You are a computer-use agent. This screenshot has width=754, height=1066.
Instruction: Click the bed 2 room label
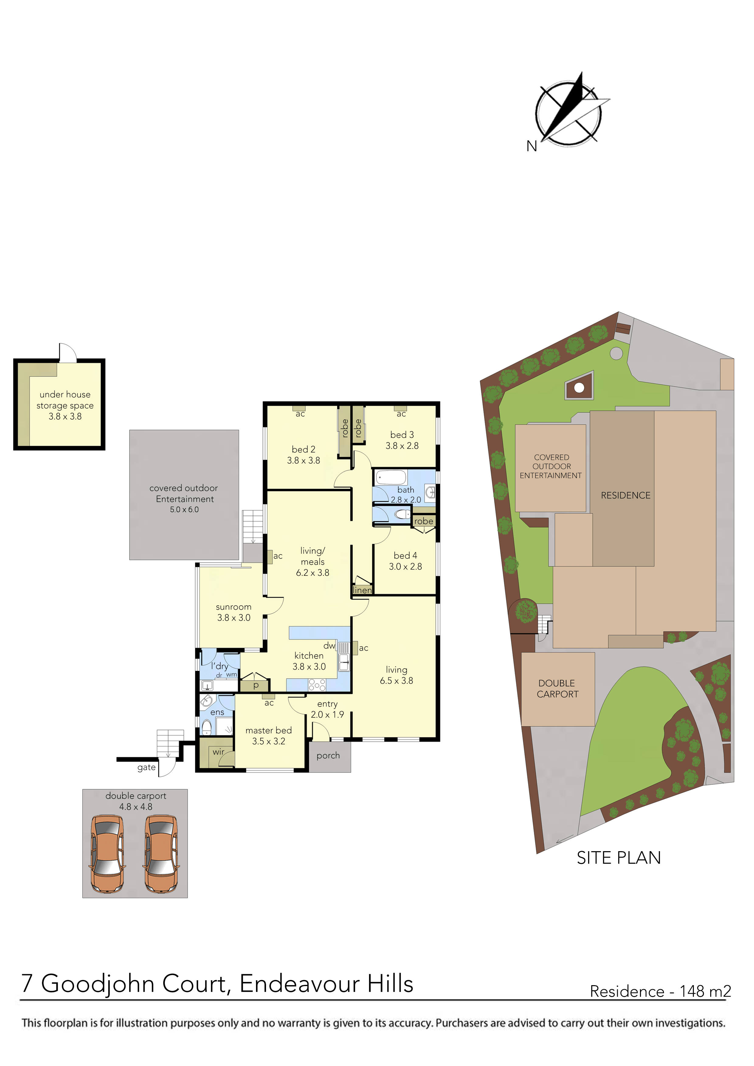303,449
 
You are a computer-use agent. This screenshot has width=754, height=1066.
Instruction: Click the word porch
328,755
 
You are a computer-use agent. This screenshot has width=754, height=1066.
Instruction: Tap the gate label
146,768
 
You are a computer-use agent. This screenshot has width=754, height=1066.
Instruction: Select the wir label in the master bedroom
218,752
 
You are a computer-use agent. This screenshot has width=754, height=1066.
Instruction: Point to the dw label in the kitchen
329,646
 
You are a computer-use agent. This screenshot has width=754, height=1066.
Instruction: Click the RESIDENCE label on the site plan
625,495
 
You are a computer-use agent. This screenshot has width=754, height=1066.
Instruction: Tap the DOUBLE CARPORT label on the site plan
558,689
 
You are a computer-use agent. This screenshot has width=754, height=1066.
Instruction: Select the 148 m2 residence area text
705,991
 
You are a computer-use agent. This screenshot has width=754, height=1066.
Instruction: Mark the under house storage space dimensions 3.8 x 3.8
65,417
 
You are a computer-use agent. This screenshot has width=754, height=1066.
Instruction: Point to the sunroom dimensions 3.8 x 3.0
234,618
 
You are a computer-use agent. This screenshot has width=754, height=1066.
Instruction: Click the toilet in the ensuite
206,726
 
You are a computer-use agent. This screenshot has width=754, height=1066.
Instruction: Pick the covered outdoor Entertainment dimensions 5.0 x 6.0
184,510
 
